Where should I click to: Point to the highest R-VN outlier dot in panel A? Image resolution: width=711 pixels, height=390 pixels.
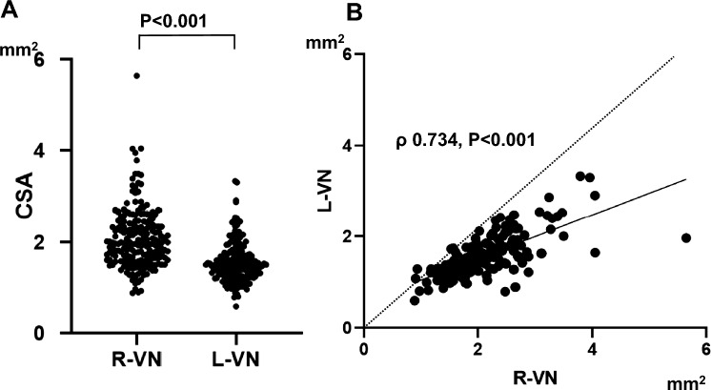[136, 75]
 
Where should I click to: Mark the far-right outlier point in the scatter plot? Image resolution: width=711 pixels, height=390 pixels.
[685, 237]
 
